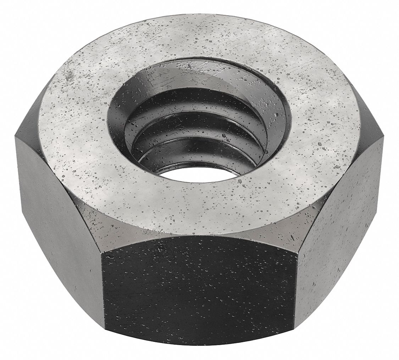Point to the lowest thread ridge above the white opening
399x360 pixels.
tap(199, 156)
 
